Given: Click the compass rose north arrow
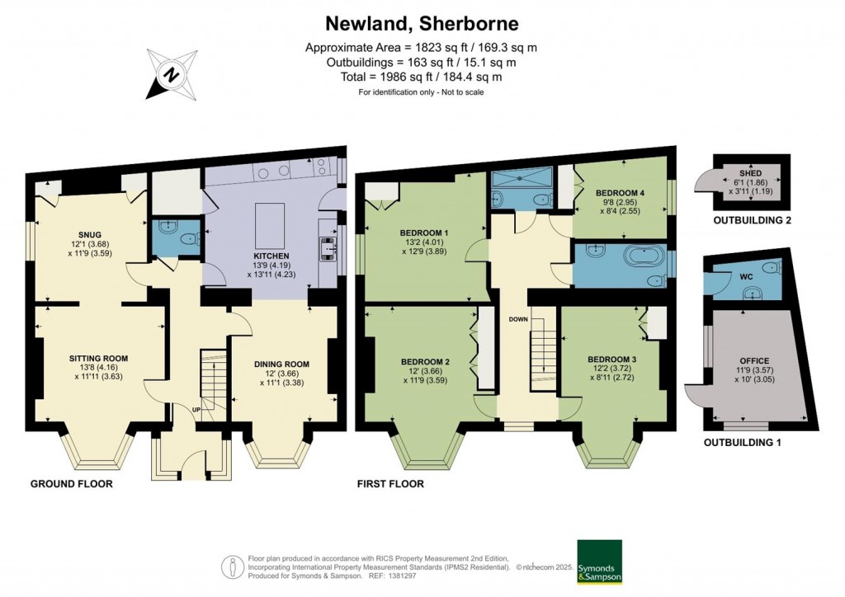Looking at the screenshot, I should [172, 73].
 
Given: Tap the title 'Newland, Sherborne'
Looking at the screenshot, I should [422, 22].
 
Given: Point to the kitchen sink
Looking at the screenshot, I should [328, 246].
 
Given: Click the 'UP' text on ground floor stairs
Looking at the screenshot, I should [196, 410].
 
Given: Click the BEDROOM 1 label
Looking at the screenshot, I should [424, 233].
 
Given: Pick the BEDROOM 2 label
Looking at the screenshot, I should [425, 361].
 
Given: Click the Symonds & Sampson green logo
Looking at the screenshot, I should [600, 562].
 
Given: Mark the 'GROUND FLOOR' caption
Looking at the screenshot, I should [71, 484].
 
